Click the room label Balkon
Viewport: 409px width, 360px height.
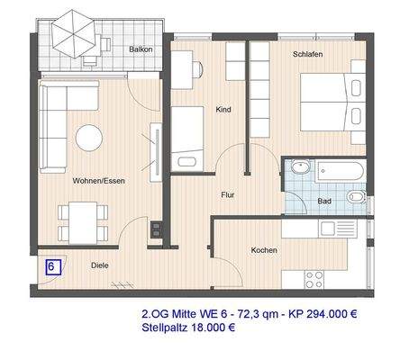[140, 49]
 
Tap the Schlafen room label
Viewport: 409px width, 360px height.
[308, 53]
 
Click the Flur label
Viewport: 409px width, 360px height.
[228, 193]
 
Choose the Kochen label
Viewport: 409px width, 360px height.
[265, 250]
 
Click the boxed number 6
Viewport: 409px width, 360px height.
[52, 267]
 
